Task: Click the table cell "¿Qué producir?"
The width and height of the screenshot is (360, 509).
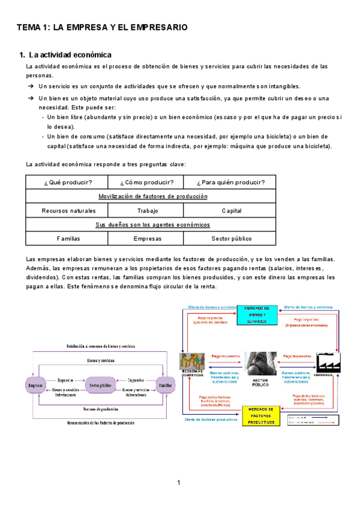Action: coord(68,182)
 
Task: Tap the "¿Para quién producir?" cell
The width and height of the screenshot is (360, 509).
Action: coord(231,182)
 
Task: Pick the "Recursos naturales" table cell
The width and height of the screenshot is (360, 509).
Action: coord(68,211)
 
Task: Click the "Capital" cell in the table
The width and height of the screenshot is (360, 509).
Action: coord(231,211)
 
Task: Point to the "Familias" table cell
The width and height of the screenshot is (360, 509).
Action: coord(68,238)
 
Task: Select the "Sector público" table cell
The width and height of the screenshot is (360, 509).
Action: coord(231,238)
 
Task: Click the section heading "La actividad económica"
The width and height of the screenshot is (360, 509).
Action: coord(70,55)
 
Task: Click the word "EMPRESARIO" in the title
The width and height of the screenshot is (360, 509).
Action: coord(157,28)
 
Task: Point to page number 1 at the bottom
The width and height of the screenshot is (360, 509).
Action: coord(179,483)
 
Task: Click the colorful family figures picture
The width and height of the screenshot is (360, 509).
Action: coord(192,364)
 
